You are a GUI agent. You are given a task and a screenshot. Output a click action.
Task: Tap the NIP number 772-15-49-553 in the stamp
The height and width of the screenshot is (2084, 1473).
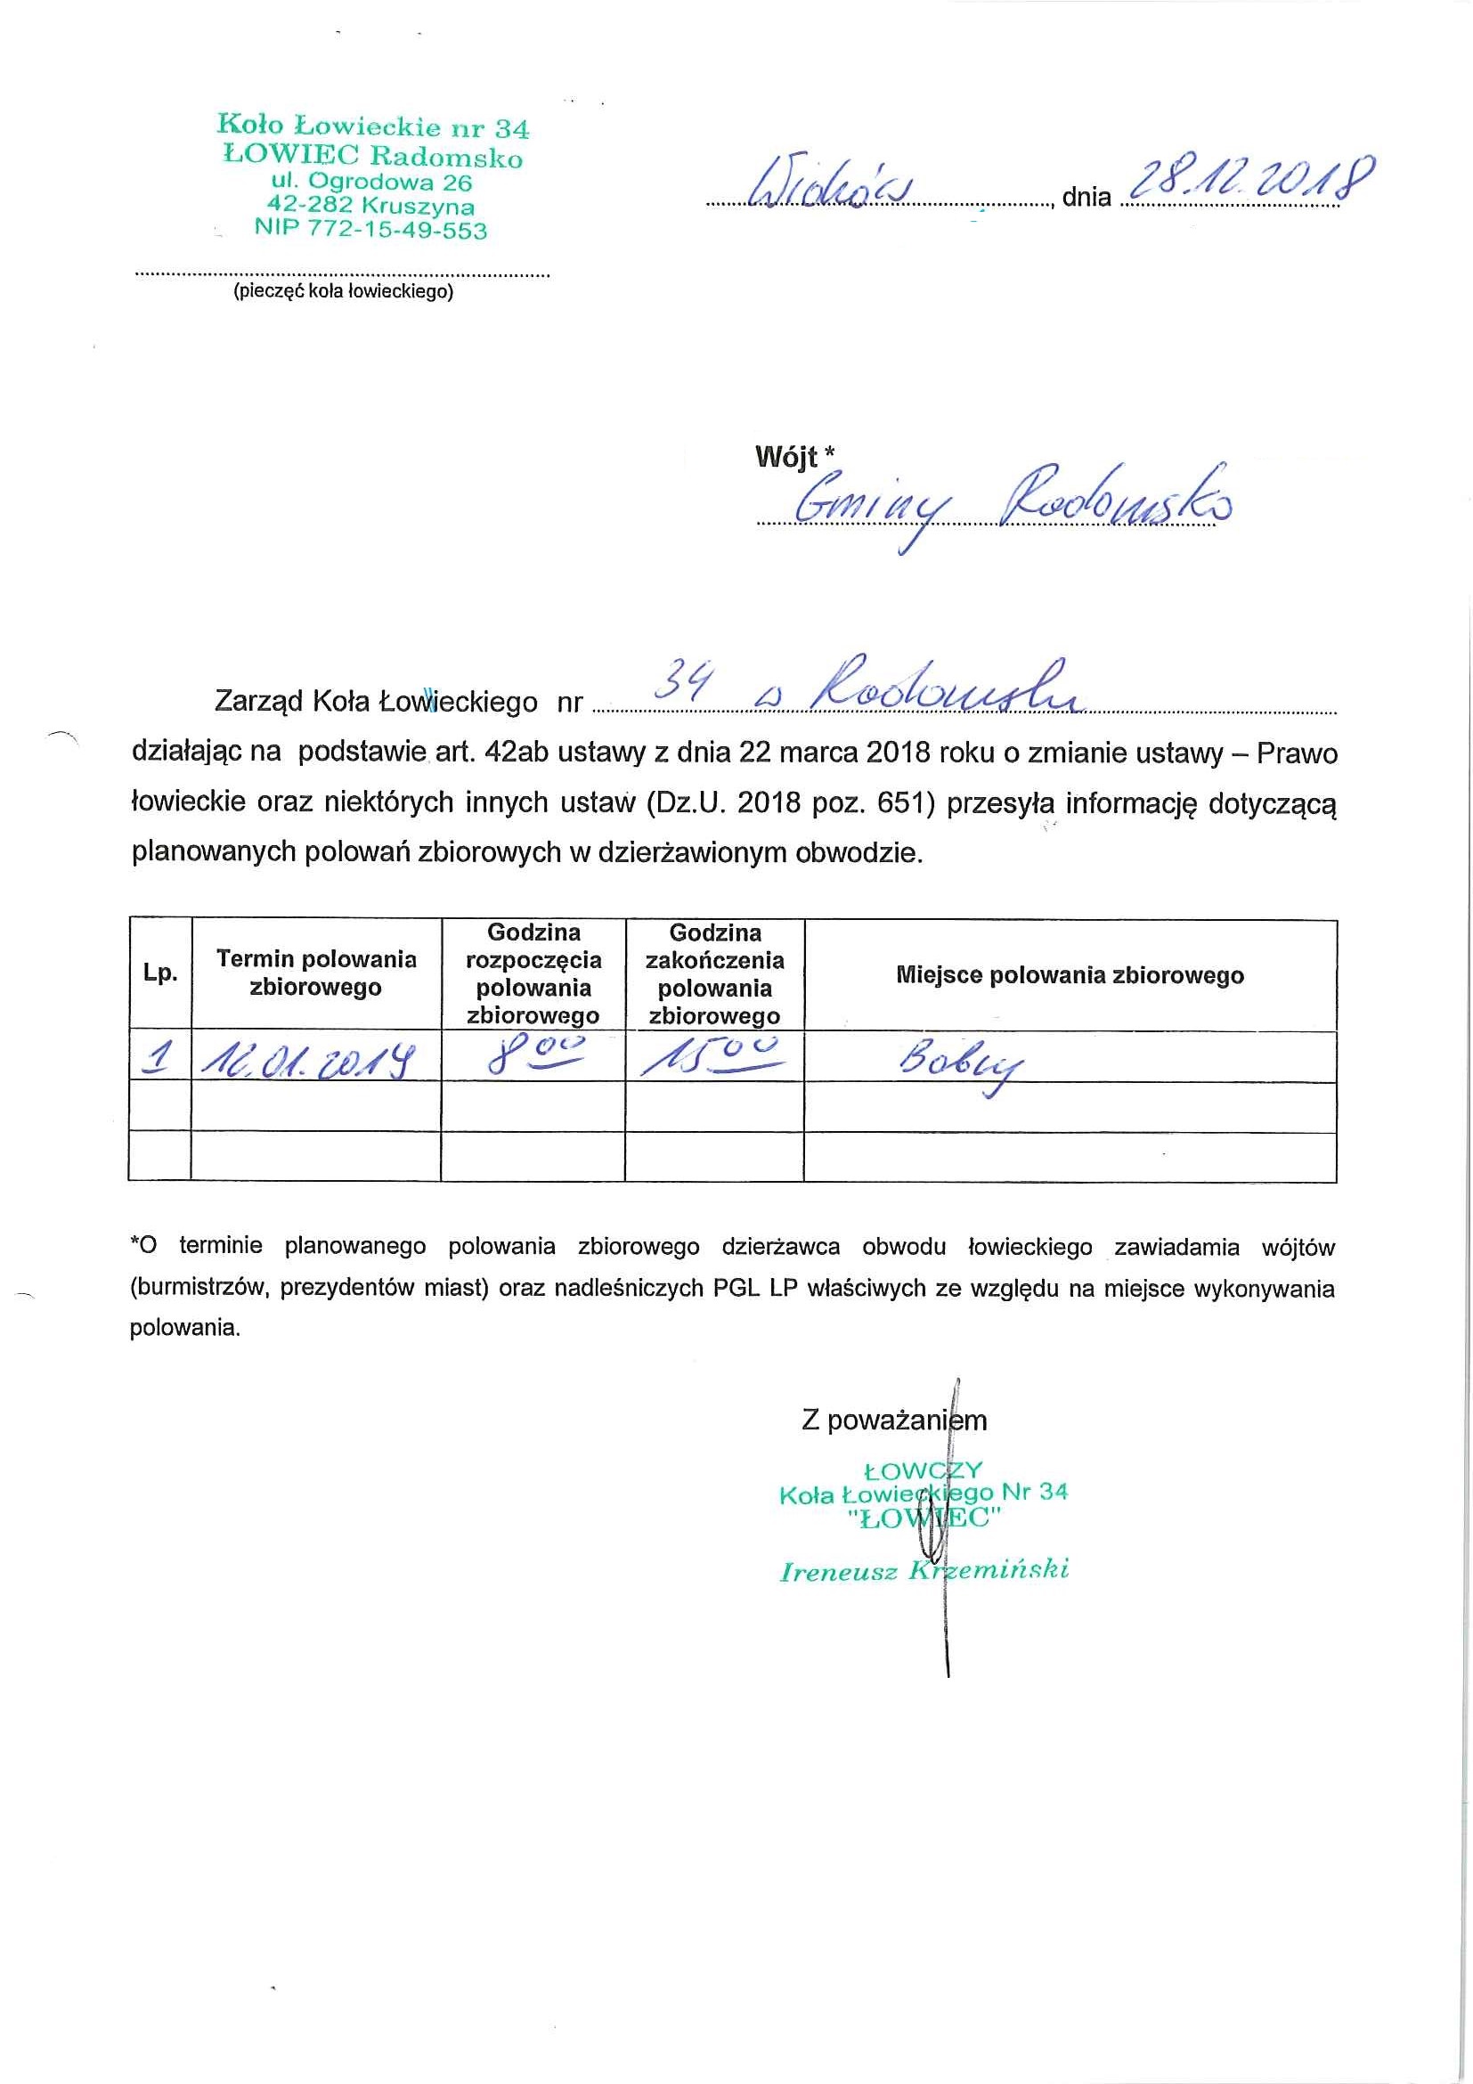[370, 231]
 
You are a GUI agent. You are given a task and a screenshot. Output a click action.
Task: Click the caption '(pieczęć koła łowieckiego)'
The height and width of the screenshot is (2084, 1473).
[342, 292]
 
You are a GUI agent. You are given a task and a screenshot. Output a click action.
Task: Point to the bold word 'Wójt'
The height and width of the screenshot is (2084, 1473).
[786, 457]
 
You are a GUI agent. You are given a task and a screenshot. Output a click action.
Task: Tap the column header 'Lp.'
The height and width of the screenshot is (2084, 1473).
[160, 973]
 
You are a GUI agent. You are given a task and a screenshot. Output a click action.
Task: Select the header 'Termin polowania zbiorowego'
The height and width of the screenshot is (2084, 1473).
[316, 973]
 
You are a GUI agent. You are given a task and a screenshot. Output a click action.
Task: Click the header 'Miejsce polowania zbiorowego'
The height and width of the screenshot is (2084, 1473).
[1070, 976]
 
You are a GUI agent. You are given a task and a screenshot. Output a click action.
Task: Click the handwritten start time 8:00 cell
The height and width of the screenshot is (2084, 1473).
[533, 1055]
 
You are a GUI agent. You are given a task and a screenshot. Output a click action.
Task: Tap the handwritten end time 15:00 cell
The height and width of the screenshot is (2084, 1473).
[713, 1055]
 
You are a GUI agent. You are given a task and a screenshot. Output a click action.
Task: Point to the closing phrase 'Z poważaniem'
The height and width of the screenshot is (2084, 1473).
[893, 1420]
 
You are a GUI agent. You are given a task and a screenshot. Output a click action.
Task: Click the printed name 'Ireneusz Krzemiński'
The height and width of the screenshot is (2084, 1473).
[924, 1570]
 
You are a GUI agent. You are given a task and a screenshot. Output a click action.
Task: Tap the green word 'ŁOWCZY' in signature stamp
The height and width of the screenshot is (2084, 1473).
[923, 1470]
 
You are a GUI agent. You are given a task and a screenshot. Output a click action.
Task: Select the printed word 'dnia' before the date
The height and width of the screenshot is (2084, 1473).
[1086, 197]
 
